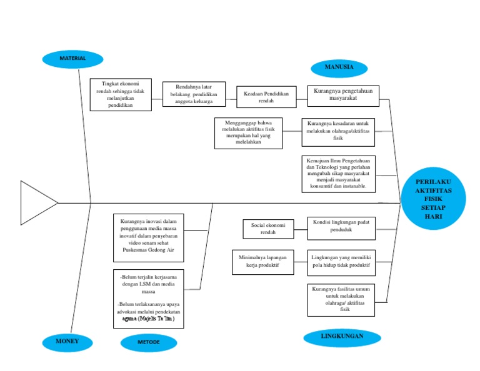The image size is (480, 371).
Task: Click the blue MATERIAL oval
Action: pyautogui.click(x=72, y=59)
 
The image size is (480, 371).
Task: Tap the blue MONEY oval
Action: pyautogui.click(x=67, y=342)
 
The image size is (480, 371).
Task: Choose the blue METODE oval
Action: pyautogui.click(x=149, y=343)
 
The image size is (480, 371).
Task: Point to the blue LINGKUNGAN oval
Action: pyautogui.click(x=342, y=337)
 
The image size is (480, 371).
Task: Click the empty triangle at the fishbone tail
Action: pyautogui.click(x=36, y=202)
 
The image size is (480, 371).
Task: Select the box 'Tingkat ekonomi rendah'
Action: pyautogui.click(x=120, y=95)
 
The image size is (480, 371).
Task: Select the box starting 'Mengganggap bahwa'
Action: pyautogui.click(x=247, y=133)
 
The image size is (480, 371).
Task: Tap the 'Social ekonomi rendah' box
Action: pyautogui.click(x=268, y=229)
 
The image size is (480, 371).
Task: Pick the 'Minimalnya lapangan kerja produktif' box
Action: pyautogui.click(x=262, y=262)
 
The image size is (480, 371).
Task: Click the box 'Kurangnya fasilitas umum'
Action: pyautogui.click(x=341, y=300)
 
